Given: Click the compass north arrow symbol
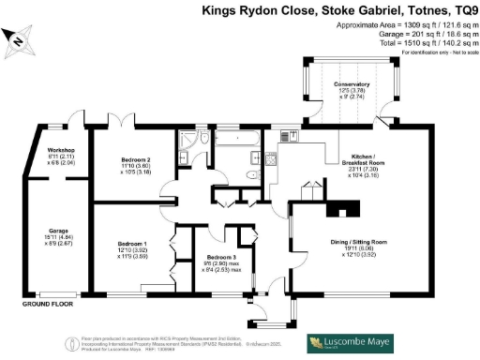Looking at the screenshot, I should point(20,38).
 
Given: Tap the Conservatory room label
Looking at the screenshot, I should point(352,84).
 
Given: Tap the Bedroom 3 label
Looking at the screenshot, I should point(222,257).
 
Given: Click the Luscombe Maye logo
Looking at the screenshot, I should point(351,344).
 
